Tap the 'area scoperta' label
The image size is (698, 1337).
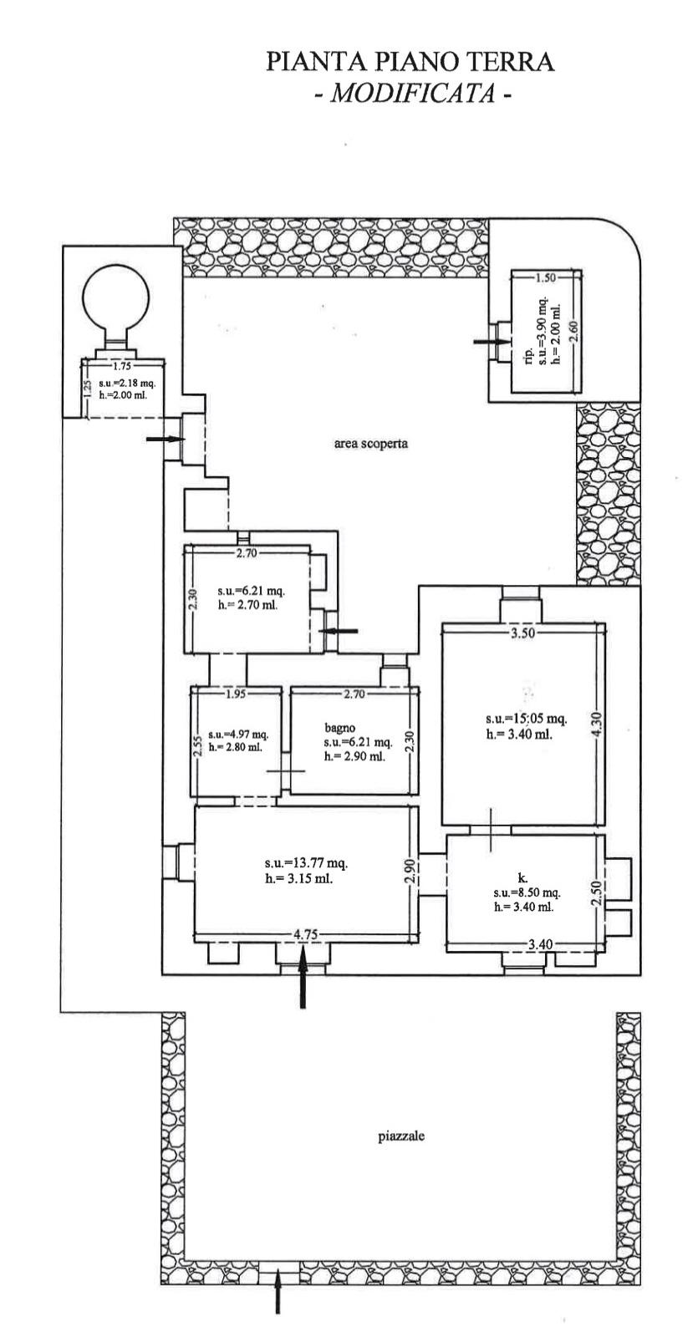point(371,444)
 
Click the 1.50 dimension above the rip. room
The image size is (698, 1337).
point(545,277)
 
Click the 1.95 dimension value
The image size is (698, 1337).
point(236,693)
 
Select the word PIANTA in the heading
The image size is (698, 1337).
point(304,63)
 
